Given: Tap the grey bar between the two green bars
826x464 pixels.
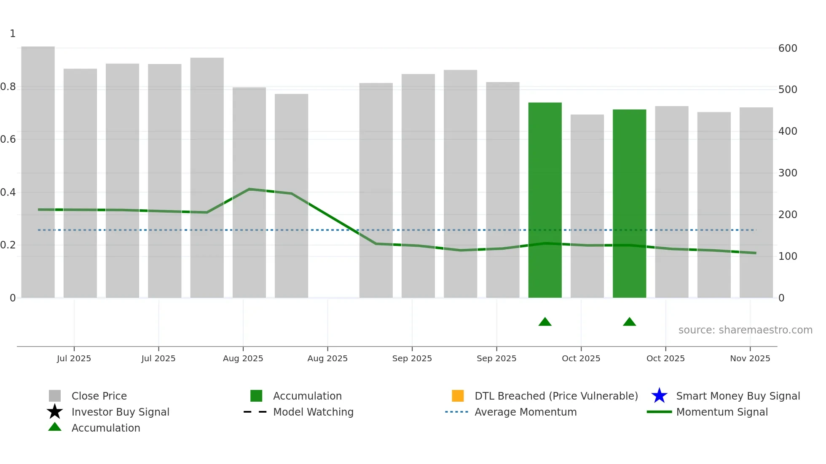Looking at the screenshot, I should coord(587,206).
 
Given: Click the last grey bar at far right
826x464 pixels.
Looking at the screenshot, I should coord(756,203).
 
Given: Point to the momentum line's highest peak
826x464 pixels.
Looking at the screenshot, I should coord(249,189).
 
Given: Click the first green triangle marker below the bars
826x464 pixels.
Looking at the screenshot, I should coord(545,322).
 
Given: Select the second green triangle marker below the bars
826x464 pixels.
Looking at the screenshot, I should coord(629,322).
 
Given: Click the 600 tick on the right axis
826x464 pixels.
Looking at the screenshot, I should coord(787,48).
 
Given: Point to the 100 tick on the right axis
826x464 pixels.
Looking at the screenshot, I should coord(787,256).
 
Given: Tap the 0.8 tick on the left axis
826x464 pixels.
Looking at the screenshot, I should coord(8,87).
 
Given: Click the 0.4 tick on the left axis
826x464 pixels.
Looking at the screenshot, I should coord(8,192).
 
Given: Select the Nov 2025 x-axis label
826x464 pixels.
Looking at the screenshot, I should coord(750,358).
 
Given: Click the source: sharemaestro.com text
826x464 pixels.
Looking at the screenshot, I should coord(745,330).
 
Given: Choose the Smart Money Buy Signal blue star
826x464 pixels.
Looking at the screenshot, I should coord(659,396).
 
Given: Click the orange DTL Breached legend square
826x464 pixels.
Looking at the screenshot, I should coord(458,396).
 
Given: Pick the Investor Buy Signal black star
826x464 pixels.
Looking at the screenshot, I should coord(55,412).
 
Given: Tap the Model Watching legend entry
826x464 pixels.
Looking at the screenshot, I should coord(313,412).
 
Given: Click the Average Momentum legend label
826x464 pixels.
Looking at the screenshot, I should coord(526,412).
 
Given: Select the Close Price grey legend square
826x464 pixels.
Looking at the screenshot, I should coord(55,396).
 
